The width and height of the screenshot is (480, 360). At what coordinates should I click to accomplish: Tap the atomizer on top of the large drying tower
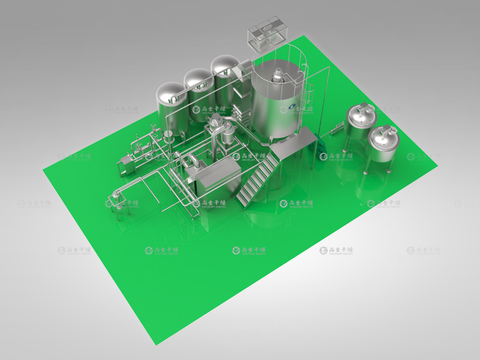click(x=278, y=75)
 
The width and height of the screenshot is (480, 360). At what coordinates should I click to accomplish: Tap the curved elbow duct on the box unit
click(x=191, y=163)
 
